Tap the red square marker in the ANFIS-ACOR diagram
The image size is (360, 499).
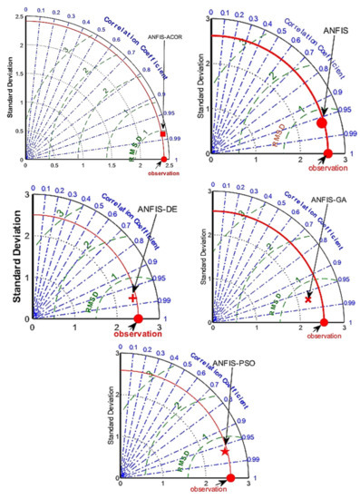(163, 134)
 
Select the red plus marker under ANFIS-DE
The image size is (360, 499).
(132, 298)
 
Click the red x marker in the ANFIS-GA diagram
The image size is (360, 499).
(308, 298)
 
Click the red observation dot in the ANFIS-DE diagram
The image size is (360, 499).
(139, 318)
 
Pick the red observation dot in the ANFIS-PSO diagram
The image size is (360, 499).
(230, 478)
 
